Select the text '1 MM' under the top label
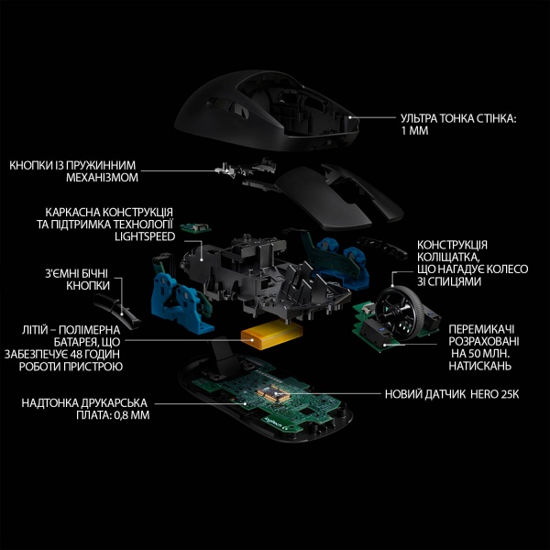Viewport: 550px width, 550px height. coord(416,131)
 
